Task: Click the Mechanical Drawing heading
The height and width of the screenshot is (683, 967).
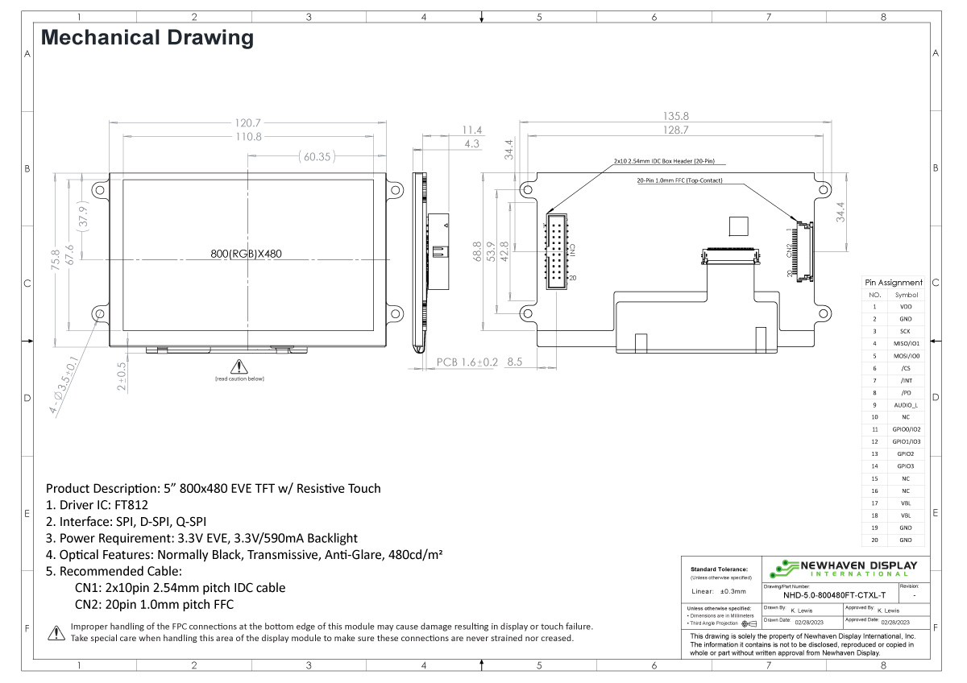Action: point(147,38)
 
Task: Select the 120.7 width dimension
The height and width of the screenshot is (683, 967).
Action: point(247,123)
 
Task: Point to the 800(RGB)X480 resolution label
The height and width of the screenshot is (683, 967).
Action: point(246,254)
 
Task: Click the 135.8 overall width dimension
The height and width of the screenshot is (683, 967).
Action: point(674,116)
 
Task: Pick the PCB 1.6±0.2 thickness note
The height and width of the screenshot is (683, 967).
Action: point(467,363)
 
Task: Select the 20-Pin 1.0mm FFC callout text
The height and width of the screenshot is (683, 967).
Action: point(680,181)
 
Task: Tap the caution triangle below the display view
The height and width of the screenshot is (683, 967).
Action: point(239,366)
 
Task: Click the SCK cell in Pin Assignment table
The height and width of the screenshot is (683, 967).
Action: point(906,331)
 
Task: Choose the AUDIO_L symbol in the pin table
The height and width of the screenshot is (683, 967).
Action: point(906,405)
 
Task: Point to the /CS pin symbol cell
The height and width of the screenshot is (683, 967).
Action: point(906,368)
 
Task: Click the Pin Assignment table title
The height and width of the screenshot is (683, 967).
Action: point(893,283)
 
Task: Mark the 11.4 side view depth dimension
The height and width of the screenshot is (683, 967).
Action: point(471,130)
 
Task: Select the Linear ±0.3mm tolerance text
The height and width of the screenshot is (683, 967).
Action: point(717,591)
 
